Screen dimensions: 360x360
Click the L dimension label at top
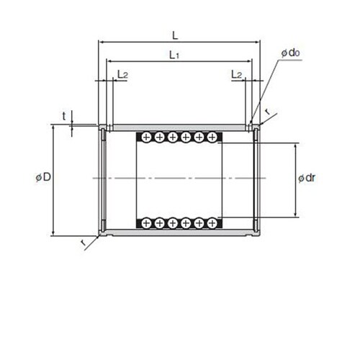(176, 36)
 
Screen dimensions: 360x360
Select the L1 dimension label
(174, 55)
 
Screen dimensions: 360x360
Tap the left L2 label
(122, 75)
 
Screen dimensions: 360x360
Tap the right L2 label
(237, 75)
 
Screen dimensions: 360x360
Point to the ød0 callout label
(291, 53)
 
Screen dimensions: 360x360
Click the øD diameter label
(43, 177)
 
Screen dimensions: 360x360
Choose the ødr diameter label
(307, 178)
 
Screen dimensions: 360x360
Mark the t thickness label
(64, 117)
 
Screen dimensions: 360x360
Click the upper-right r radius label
(267, 112)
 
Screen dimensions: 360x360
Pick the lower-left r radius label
(83, 243)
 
